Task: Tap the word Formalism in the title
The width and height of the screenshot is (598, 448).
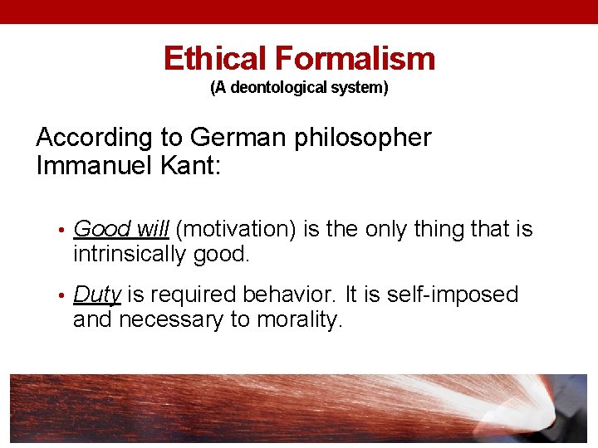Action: click(355, 59)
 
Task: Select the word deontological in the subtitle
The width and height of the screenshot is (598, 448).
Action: click(277, 87)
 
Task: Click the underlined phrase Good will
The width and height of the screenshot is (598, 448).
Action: click(121, 230)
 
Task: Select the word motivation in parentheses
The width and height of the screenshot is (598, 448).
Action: click(237, 230)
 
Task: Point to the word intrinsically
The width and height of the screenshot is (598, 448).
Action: click(129, 255)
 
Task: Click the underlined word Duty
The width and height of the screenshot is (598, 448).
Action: click(97, 295)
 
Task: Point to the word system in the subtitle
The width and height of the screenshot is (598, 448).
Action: click(362, 87)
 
